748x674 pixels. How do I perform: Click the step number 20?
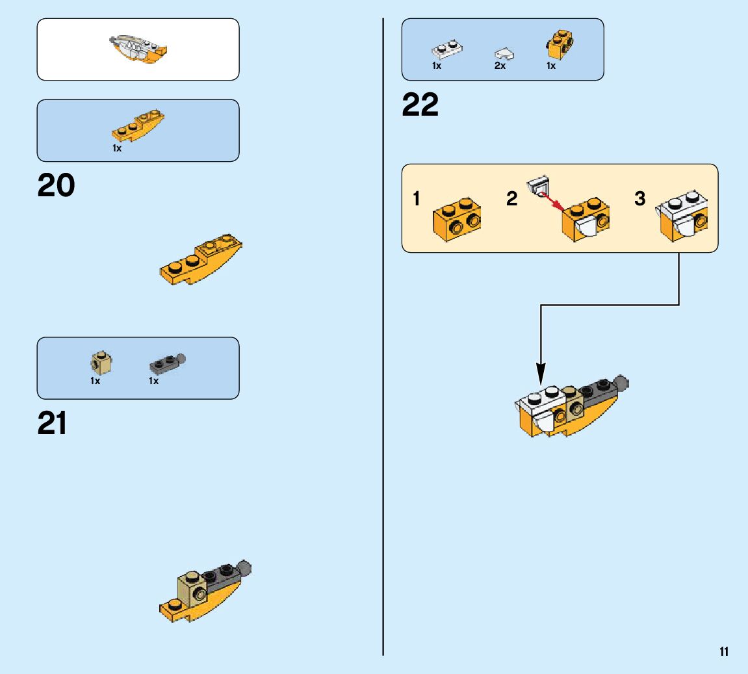click(x=57, y=187)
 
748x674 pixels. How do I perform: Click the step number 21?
click(x=53, y=424)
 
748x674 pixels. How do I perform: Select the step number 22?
click(x=420, y=105)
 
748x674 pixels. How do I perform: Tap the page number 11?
click(x=724, y=652)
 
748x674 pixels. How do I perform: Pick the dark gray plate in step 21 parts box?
click(x=166, y=362)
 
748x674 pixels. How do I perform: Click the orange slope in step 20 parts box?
click(x=138, y=126)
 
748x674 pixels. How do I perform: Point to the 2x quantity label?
click(x=500, y=66)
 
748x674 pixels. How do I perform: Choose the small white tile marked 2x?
click(x=504, y=53)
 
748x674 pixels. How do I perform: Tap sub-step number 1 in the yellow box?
click(x=417, y=199)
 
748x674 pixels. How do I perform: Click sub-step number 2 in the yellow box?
click(x=512, y=199)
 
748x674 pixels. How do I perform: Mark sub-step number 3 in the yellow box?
click(x=640, y=199)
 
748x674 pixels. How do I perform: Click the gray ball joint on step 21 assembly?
click(x=245, y=569)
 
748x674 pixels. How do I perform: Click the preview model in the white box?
click(x=138, y=49)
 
